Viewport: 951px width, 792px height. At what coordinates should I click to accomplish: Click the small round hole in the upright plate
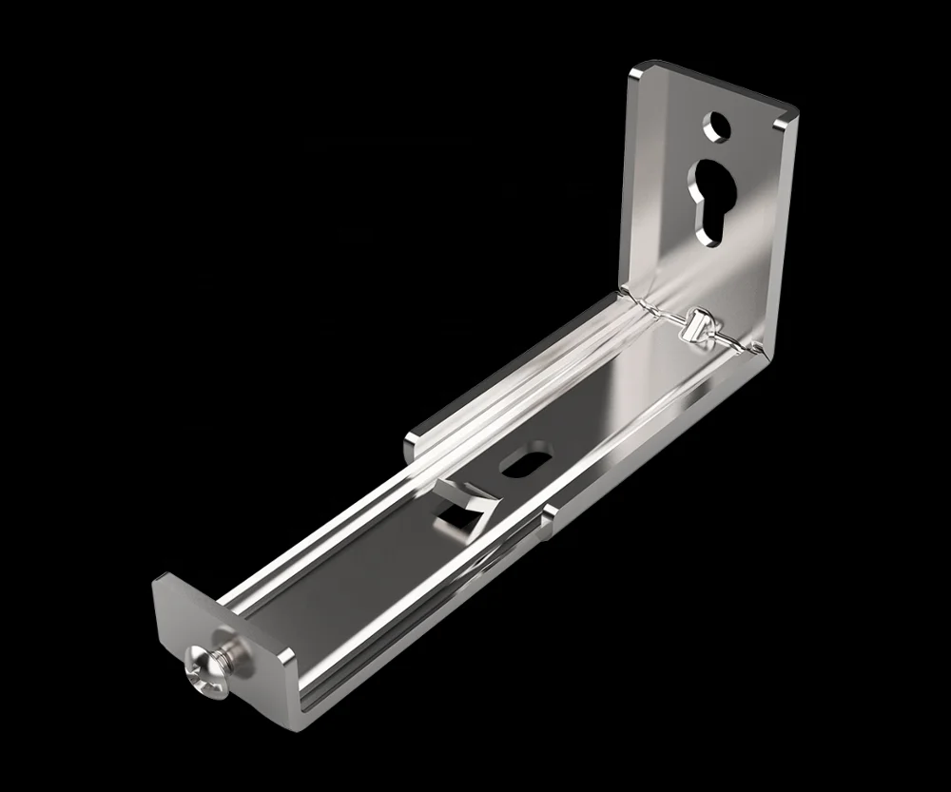pyautogui.click(x=715, y=126)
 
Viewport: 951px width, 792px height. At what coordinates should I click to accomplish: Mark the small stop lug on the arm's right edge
pyautogui.click(x=549, y=518)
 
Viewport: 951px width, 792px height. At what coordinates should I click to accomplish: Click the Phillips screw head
pyautogui.click(x=207, y=666)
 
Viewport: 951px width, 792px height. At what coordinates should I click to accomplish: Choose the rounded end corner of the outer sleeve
pyautogui.click(x=413, y=440)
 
